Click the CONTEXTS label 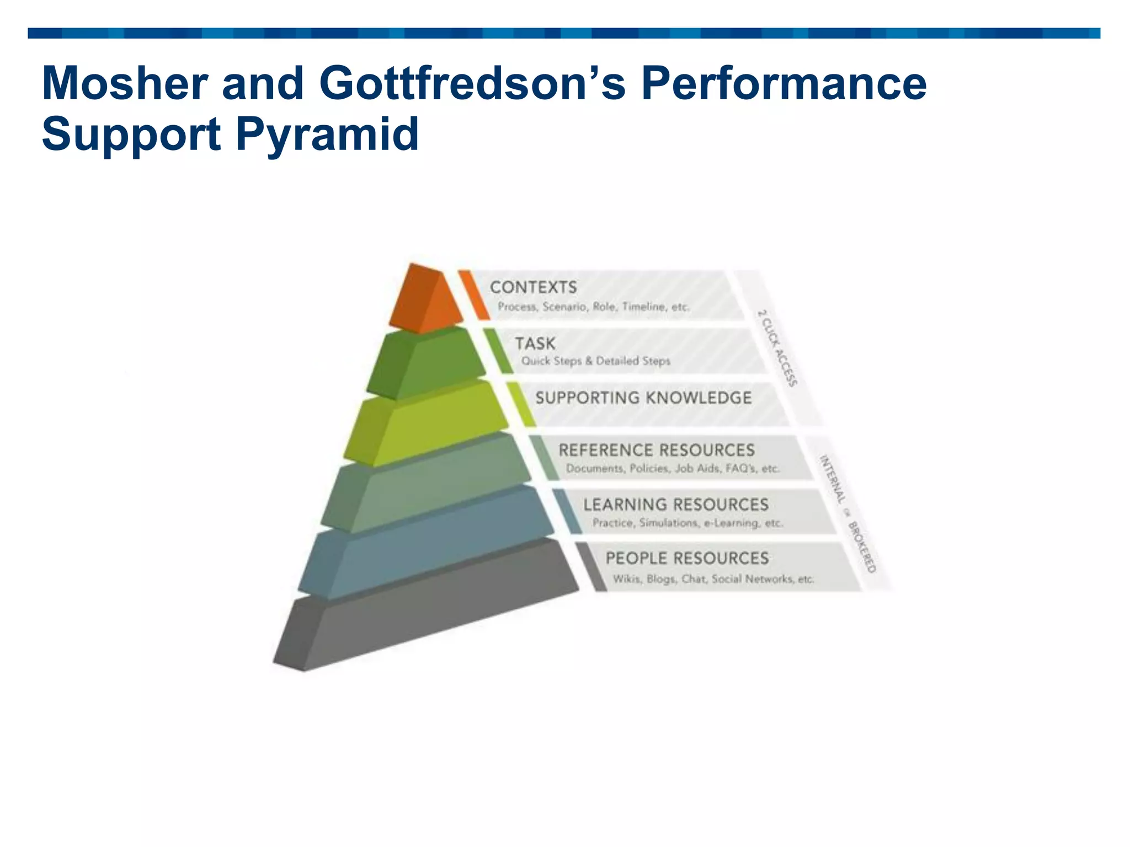point(533,287)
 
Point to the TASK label point(535,344)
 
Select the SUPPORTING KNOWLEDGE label point(643,398)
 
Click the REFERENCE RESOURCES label point(656,450)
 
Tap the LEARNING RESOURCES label point(675,504)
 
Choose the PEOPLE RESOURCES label point(687,558)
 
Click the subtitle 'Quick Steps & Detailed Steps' point(596,361)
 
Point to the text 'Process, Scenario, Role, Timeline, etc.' point(593,307)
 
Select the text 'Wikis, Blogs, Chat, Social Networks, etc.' point(713,579)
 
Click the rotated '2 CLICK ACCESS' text point(777,348)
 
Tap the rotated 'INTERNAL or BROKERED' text point(847,513)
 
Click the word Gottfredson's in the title point(472,84)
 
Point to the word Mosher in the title point(124,84)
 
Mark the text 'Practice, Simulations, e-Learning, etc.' point(687,523)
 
